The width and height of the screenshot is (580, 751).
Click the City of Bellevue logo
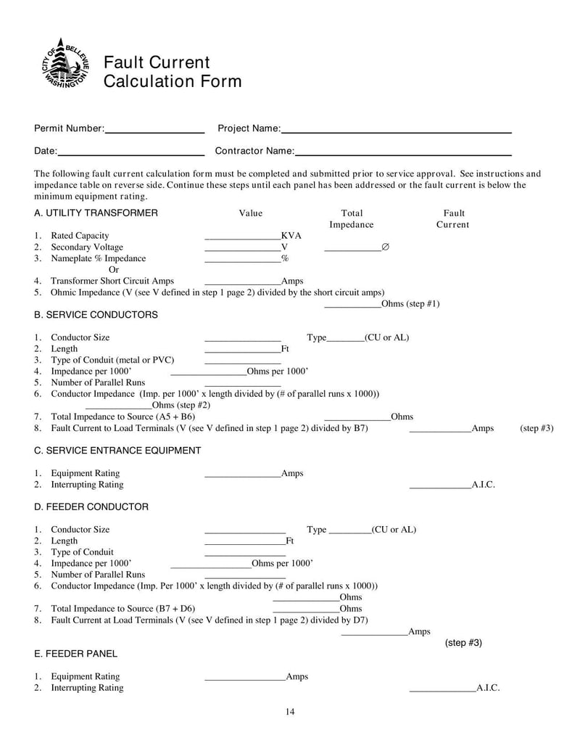(65, 63)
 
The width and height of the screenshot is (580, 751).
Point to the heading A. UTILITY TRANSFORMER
(96, 213)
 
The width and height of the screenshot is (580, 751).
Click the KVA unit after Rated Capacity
(291, 236)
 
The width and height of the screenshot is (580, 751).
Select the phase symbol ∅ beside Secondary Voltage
(385, 247)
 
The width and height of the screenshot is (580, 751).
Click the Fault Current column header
(453, 219)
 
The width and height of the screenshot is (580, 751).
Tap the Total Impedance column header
(352, 219)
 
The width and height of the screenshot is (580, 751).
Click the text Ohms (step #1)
(410, 304)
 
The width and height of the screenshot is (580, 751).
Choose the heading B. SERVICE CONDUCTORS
(96, 315)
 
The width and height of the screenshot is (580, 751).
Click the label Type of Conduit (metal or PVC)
(112, 360)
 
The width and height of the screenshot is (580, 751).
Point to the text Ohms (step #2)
(181, 405)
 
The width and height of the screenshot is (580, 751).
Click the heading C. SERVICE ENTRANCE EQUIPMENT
(117, 451)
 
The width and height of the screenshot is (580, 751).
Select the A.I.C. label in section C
(483, 485)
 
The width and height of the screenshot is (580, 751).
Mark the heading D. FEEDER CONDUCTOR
(91, 507)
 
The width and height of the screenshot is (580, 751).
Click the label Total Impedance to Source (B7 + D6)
(123, 609)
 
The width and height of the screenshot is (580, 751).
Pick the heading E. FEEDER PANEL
(75, 654)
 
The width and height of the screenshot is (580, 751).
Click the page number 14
(290, 712)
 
